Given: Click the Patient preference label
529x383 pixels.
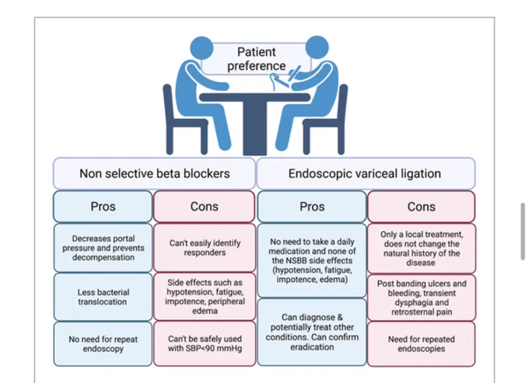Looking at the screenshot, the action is [257, 59].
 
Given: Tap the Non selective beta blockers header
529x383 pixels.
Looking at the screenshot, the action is [154, 173].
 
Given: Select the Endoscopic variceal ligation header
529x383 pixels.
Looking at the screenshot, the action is [366, 173].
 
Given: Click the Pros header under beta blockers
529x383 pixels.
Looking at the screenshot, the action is [103, 207].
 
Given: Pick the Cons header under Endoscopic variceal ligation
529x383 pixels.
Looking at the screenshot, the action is [422, 207].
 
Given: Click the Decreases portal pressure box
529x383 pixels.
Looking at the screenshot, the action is [103, 248].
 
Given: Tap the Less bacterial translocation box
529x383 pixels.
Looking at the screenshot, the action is [103, 297].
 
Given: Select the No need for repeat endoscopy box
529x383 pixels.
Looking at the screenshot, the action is [103, 343].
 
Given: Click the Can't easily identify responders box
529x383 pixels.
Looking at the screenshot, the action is [205, 248].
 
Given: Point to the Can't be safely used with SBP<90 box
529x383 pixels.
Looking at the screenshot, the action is [205, 343].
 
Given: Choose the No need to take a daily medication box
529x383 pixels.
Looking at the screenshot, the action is [312, 260].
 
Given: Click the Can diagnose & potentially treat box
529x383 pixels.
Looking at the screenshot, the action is [312, 332].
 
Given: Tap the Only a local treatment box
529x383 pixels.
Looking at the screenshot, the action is [422, 249].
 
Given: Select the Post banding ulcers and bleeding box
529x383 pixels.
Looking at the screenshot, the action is [422, 298].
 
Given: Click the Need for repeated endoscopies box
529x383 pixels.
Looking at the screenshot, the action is [422, 343].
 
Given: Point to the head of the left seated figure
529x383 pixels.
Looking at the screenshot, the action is [201, 48].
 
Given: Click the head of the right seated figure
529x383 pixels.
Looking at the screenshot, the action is [317, 47].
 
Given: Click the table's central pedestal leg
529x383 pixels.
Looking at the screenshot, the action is [254, 127].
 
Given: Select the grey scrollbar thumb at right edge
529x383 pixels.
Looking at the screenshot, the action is [523, 231].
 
